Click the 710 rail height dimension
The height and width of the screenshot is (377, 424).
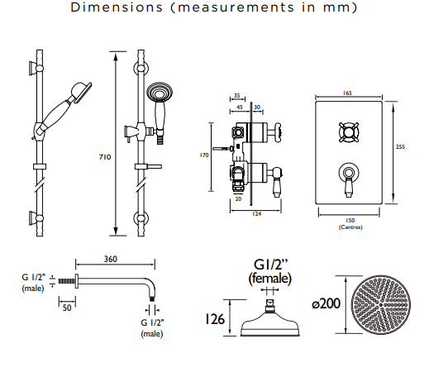pos(105,157)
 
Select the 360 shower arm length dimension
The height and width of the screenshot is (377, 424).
pos(111,259)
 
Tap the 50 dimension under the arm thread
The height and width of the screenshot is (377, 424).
pos(67,308)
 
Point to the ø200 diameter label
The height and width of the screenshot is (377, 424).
pos(326,303)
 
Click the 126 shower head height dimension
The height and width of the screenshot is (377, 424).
pos(215,319)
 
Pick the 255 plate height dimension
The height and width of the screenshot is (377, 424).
pos(400,147)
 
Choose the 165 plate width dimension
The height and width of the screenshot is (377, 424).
pos(347,93)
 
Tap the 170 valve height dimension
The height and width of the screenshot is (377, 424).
pos(204,155)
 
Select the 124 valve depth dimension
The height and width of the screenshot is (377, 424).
pos(256,213)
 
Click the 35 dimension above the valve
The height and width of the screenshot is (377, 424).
pos(237,96)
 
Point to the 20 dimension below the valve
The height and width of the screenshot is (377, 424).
pos(238,198)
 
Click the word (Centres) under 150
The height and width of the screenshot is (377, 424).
pos(350,227)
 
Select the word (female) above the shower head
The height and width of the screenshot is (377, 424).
pos(270,279)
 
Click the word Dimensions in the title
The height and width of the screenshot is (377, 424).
pos(117,7)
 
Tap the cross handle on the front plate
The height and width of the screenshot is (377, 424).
pos(349,132)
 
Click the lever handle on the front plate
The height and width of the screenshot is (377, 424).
pos(349,179)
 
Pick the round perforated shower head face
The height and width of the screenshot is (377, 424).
pos(381,304)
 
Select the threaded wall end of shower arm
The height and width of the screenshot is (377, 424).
pos(66,281)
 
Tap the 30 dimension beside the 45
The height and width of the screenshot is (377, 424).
pos(257,107)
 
